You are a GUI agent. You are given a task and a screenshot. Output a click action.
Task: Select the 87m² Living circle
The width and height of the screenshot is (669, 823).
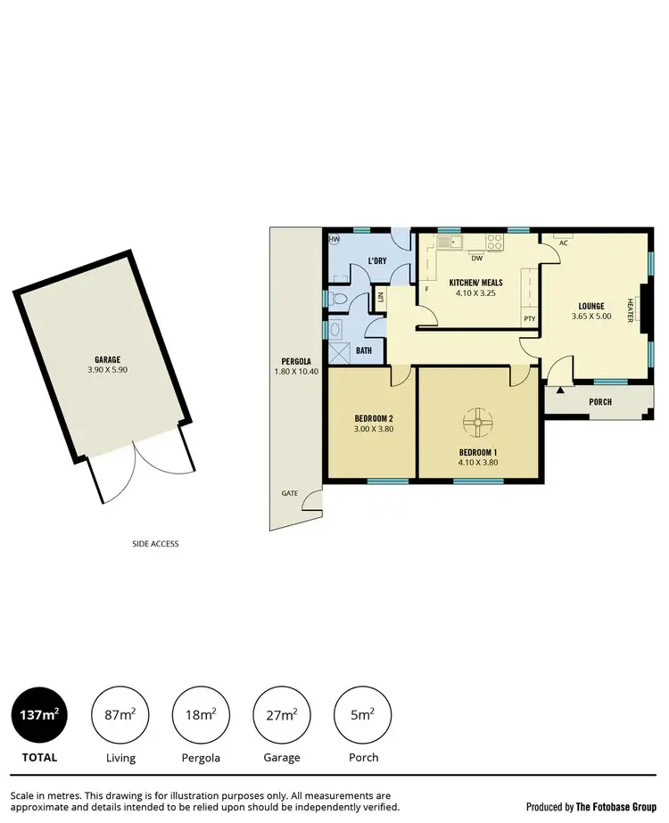tap(120, 715)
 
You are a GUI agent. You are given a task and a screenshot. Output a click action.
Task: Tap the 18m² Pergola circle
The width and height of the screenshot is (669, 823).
tap(200, 715)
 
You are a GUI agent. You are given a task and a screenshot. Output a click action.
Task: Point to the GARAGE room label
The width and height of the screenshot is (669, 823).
tap(108, 359)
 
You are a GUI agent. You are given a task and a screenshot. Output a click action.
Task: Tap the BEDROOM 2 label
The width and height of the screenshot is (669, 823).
tap(372, 418)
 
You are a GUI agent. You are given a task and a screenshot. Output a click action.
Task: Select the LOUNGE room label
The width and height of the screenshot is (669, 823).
tap(591, 306)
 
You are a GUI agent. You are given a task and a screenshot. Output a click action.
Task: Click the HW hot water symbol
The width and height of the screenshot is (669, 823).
tap(335, 240)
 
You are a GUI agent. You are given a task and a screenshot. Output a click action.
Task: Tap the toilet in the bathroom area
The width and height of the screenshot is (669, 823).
tap(338, 299)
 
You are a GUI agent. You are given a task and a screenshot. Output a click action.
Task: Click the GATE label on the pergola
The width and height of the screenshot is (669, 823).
tap(289, 493)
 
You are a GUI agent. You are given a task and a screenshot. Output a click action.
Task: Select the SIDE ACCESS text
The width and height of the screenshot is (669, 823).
tap(154, 543)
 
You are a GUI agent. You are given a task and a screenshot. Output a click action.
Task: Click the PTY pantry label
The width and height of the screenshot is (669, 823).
tap(530, 318)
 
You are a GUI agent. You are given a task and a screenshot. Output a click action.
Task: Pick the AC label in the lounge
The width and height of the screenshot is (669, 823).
tap(564, 243)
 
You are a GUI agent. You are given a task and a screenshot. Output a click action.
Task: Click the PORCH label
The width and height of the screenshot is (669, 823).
tap(600, 401)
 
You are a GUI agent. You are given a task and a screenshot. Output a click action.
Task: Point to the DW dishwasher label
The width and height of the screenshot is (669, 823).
tap(477, 259)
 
